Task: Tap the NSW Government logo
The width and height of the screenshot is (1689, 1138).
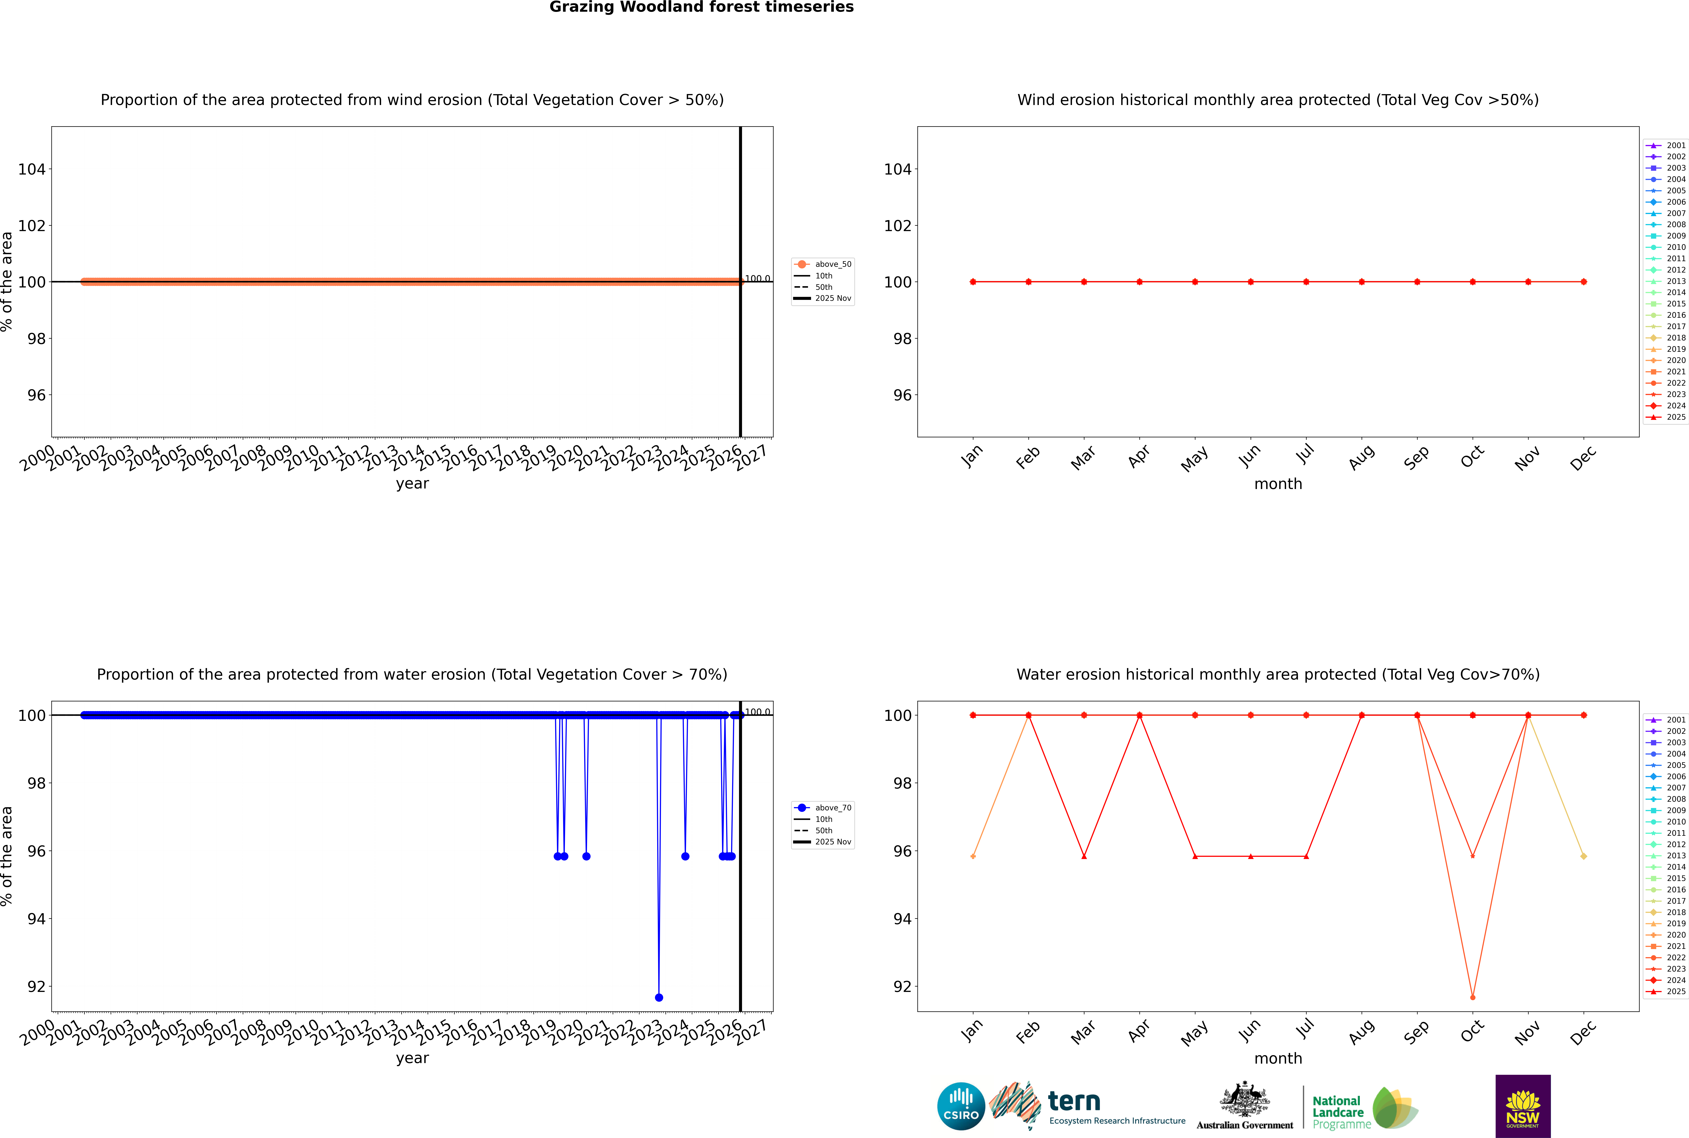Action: pyautogui.click(x=1523, y=1106)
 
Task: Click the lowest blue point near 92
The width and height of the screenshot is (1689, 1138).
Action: pyautogui.click(x=659, y=997)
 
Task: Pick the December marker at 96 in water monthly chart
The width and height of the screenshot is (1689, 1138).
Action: pyautogui.click(x=1584, y=856)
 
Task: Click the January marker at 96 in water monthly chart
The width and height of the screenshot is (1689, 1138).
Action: pyautogui.click(x=973, y=856)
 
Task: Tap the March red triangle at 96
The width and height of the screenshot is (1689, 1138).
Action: pyautogui.click(x=1084, y=856)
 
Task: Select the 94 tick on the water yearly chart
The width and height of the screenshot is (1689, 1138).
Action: pyautogui.click(x=36, y=919)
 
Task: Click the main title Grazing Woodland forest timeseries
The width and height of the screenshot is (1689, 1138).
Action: pyautogui.click(x=702, y=7)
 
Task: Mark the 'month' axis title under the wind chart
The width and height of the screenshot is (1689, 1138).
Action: pyautogui.click(x=1278, y=484)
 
